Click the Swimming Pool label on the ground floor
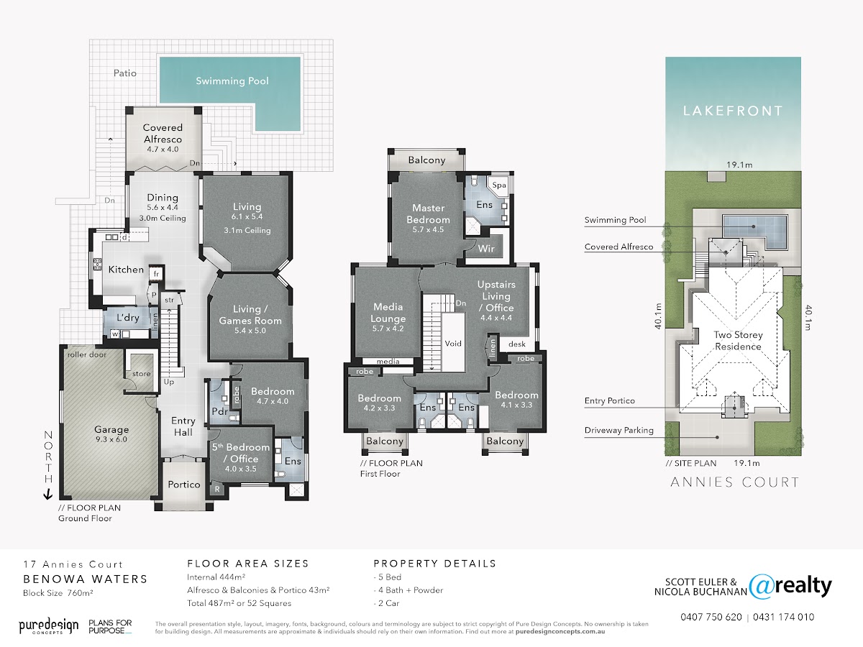coord(232,81)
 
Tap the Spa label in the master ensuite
coord(499,185)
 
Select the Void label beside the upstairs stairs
coord(453,344)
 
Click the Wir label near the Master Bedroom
coord(486,249)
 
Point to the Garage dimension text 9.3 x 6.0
coord(111,439)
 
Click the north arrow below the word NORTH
coord(48,494)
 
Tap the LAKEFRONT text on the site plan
coord(733,111)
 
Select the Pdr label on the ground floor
coord(220,411)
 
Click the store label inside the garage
coord(142,374)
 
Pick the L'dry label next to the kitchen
coord(128,318)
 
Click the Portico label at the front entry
coord(184,485)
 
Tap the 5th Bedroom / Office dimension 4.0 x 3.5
coord(241,469)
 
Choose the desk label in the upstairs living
coord(517,344)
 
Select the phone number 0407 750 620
coord(711,617)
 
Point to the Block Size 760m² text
coord(58,593)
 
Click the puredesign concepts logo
coord(49,626)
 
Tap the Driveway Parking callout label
coord(619,431)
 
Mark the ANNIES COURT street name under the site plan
coord(735,482)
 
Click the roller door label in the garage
coord(87,354)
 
